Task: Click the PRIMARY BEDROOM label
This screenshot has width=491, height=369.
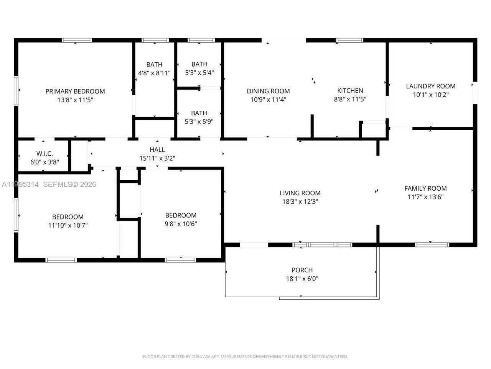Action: pos(75,91)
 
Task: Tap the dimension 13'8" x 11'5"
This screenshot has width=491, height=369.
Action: pos(75,100)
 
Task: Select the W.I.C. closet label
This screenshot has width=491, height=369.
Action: pos(44,153)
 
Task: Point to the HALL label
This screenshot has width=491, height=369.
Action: pos(157,150)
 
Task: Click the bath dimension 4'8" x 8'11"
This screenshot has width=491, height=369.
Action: pos(154,73)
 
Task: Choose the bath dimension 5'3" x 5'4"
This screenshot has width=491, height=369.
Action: pos(199,72)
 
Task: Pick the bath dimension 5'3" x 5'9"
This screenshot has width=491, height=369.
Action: pos(199,121)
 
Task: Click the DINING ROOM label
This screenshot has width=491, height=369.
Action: pos(268,91)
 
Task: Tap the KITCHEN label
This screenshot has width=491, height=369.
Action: pos(350,91)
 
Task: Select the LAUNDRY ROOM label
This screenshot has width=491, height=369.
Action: pos(431,86)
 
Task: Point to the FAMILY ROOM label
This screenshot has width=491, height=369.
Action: pos(425,188)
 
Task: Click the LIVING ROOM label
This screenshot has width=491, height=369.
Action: pos(300,193)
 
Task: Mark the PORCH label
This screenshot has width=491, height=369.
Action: pos(302,270)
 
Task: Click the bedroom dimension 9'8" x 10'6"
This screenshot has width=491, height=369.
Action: pos(181,224)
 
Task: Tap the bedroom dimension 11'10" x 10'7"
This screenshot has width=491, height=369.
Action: pos(68,225)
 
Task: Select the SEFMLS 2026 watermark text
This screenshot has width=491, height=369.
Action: pos(69,184)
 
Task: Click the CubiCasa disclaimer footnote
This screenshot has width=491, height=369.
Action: pos(245,357)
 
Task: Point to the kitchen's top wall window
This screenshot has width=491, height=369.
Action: pos(349,40)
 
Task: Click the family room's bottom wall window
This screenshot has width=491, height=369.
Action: pos(432,244)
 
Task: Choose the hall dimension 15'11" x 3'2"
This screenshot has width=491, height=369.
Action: pos(157,158)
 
